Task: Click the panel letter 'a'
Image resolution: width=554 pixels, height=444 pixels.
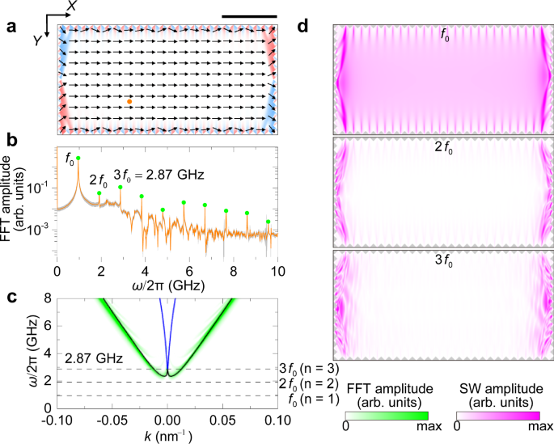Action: click(x=11, y=25)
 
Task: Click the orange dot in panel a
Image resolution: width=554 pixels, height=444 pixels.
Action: click(x=129, y=102)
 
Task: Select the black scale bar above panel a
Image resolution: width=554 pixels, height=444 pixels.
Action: click(x=249, y=15)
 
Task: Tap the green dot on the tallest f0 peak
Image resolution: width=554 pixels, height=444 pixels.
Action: click(x=78, y=159)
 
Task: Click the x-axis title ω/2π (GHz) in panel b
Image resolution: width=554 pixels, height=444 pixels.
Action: click(x=166, y=285)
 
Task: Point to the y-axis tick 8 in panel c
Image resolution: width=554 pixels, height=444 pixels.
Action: click(x=48, y=298)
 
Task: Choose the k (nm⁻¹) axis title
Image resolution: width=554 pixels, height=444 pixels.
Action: click(x=166, y=436)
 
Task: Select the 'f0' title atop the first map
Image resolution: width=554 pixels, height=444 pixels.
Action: click(x=443, y=35)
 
